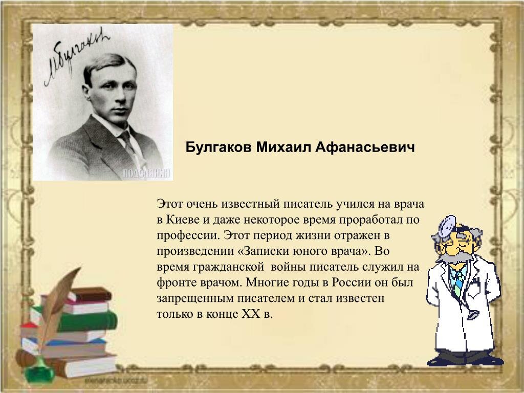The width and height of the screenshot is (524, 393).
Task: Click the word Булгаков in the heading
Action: coord(217,147)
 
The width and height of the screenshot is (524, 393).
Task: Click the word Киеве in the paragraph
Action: coord(181,220)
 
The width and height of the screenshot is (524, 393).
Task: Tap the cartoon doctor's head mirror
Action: coord(443,225)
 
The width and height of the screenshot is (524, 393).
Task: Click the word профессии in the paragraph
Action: coord(187,235)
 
